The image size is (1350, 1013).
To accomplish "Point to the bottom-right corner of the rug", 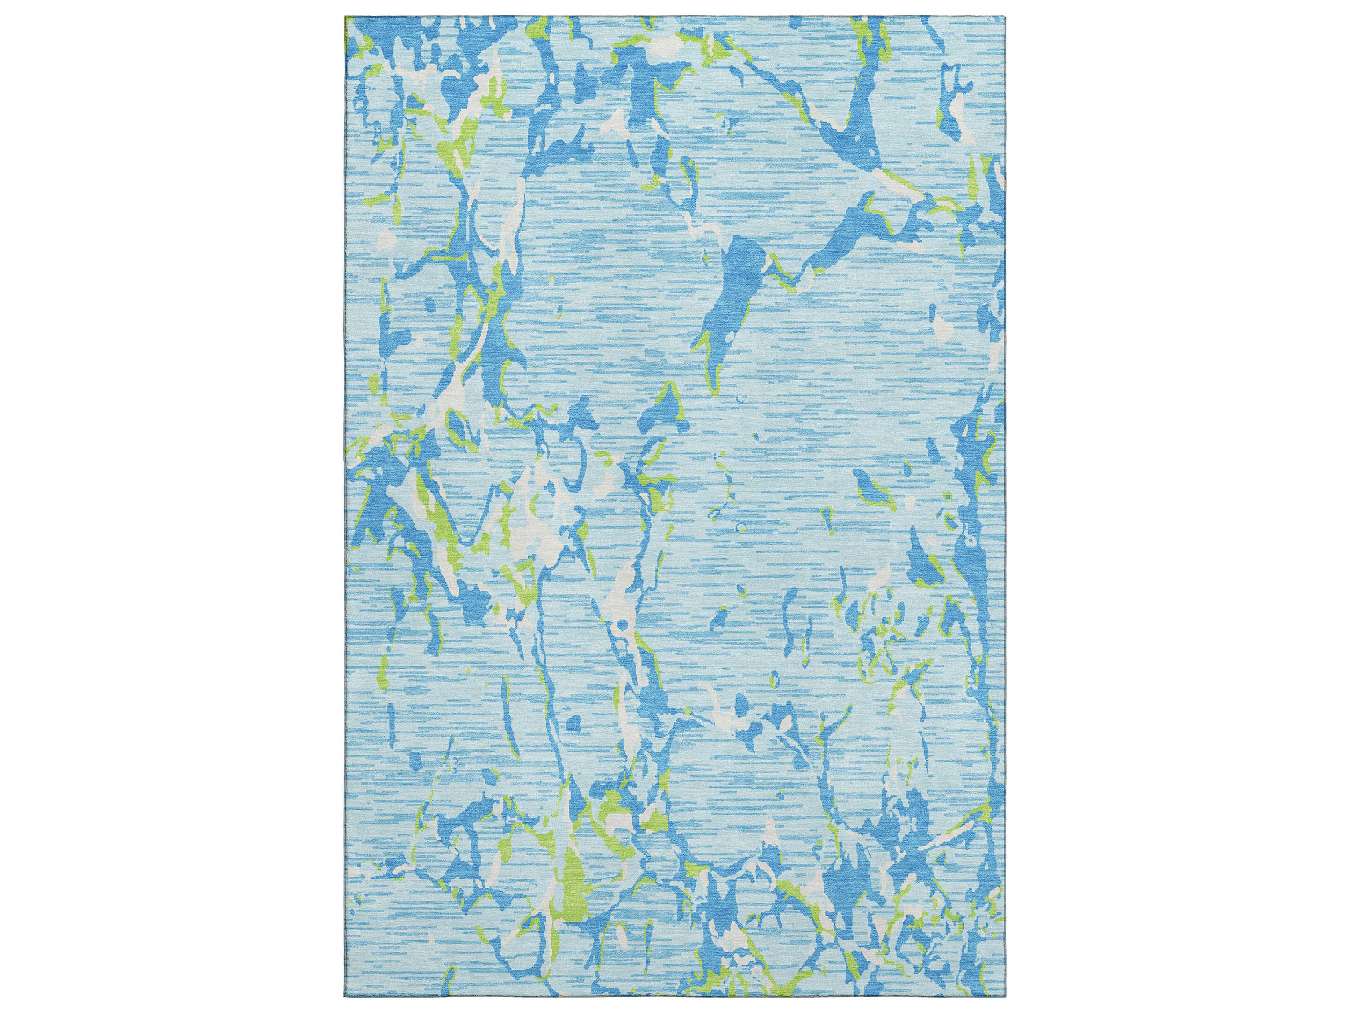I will [1007, 996].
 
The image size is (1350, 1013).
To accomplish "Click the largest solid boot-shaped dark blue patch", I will [735, 287].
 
